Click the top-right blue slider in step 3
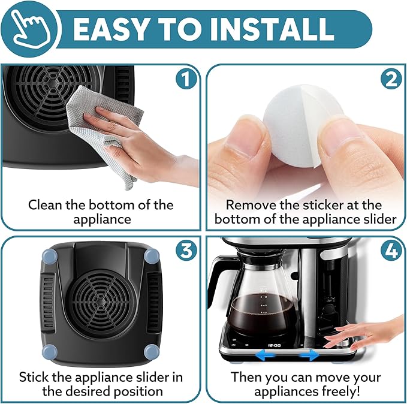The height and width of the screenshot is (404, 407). [152, 256]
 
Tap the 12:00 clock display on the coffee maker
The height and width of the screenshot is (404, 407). [275, 345]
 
